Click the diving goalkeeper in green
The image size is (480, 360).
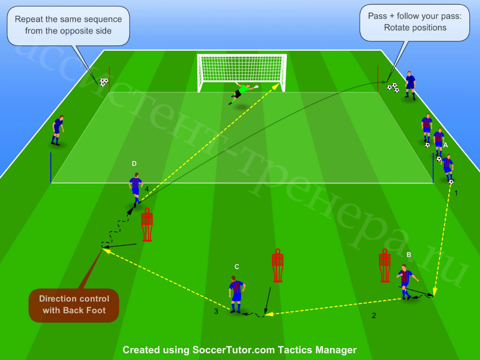click(243, 93)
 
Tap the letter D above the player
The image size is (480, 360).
click(134, 164)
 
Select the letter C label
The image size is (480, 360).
click(237, 267)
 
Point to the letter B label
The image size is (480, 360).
click(409, 254)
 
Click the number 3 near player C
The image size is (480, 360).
click(216, 311)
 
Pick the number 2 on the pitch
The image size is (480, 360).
click(374, 315)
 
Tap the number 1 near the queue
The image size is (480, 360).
click(456, 193)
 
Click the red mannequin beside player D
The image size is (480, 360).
click(147, 225)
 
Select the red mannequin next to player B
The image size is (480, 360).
click(385, 265)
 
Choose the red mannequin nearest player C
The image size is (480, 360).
click(278, 265)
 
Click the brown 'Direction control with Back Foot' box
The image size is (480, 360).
click(74, 305)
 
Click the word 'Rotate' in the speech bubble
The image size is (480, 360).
click(396, 28)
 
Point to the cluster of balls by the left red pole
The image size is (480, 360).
click(104, 82)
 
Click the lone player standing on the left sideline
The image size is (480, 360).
click(57, 130)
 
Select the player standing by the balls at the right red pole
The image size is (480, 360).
click(410, 86)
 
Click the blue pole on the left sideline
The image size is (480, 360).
click(51, 167)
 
